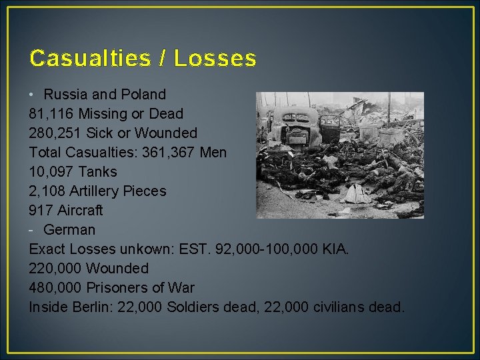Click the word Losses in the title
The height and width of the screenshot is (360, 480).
tap(215, 59)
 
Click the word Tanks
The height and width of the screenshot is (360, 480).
tap(99, 172)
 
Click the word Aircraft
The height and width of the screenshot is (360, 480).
tap(80, 211)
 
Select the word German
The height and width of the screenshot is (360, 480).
tap(69, 230)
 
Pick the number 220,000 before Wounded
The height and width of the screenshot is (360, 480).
tap(55, 269)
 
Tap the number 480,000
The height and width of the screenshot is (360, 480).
tap(55, 288)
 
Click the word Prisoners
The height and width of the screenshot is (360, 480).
tap(123, 288)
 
